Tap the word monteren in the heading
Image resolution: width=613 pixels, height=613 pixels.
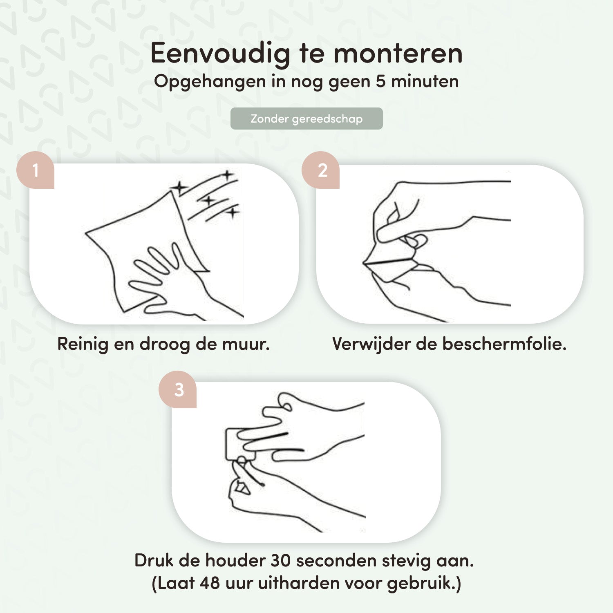click(398, 54)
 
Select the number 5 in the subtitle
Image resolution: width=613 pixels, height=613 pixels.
click(380, 81)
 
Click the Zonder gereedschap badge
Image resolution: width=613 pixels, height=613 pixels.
click(306, 119)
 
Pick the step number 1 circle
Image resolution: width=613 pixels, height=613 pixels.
click(35, 170)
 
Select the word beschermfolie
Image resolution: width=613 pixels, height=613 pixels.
click(504, 344)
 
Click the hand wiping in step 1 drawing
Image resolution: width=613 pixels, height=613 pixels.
click(172, 282)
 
